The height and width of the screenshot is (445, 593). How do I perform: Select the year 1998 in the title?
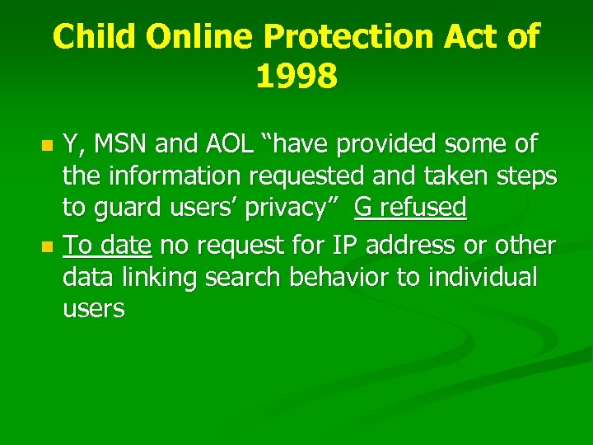pos(296,77)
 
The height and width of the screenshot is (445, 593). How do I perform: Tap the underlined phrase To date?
pos(107,245)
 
